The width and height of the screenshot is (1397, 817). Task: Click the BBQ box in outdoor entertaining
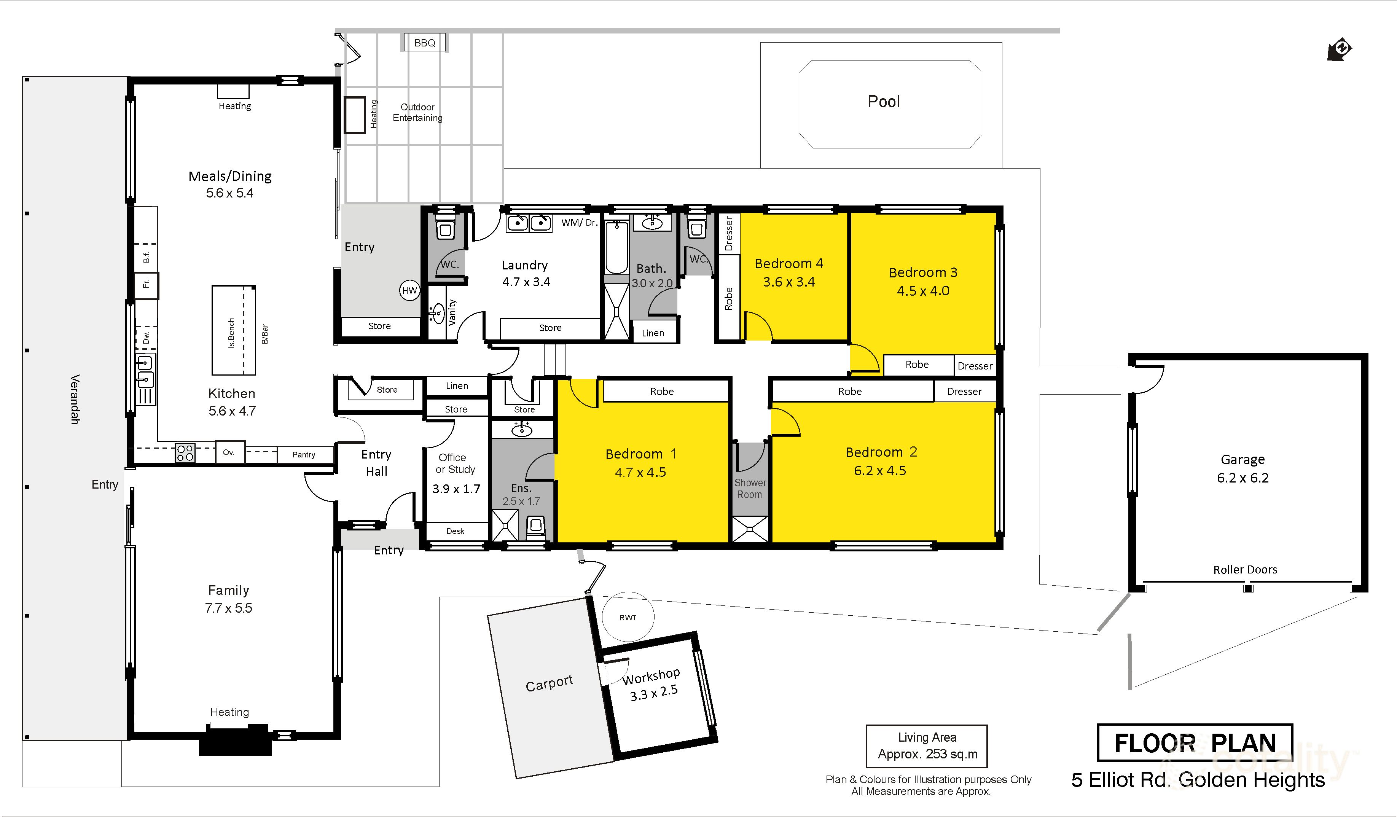[x=425, y=43]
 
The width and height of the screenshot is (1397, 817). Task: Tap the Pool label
[x=884, y=102]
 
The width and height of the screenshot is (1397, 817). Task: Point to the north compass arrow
[x=1339, y=49]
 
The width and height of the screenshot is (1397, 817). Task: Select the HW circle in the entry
[x=410, y=290]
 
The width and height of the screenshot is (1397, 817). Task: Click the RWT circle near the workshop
[x=628, y=617]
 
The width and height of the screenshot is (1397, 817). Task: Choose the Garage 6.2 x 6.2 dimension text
[x=1242, y=478]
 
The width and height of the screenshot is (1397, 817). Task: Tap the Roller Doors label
[x=1245, y=569]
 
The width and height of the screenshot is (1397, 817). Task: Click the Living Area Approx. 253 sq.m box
[x=927, y=746]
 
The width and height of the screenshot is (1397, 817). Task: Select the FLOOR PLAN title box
[x=1195, y=743]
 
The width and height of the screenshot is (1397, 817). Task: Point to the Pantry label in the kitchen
[x=304, y=454]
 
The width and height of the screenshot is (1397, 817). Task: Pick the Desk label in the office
[x=455, y=531]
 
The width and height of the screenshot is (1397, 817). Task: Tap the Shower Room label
[x=750, y=488]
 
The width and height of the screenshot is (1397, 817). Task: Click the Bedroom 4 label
[x=789, y=263]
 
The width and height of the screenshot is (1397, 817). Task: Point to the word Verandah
[x=75, y=400]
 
